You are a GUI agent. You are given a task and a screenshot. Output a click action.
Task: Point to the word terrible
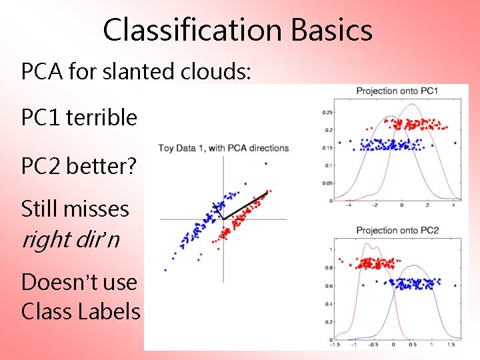click(x=101, y=118)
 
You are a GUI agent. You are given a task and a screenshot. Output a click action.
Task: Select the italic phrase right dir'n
click(x=71, y=239)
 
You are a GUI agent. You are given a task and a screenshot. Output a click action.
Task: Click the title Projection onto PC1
click(x=397, y=91)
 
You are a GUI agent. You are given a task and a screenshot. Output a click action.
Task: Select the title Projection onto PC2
click(x=397, y=231)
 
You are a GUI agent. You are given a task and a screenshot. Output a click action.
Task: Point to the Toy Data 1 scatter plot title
click(x=223, y=148)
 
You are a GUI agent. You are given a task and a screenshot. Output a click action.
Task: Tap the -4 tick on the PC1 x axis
click(x=349, y=206)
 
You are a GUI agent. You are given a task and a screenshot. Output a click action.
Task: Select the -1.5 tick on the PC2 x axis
click(x=335, y=346)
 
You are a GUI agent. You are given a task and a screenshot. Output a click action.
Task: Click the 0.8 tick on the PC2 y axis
click(x=329, y=267)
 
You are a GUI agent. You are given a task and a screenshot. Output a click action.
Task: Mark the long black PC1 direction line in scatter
click(x=245, y=205)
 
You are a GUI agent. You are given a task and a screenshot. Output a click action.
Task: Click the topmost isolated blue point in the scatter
click(x=266, y=163)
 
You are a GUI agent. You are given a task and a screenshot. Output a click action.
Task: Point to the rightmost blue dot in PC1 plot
click(x=455, y=142)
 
